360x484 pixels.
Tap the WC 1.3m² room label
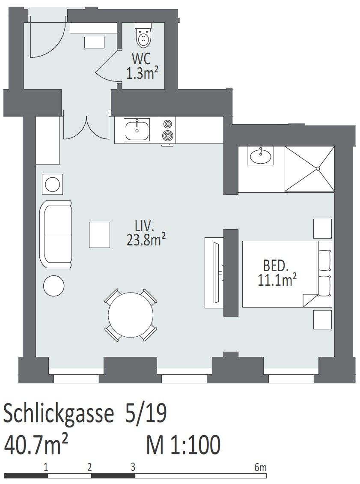(x=142, y=66)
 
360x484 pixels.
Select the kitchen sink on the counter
(x=137, y=130)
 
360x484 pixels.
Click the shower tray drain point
(x=318, y=168)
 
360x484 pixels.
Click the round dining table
(x=131, y=315)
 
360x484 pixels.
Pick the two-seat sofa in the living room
(x=56, y=234)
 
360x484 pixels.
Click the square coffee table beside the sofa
(x=100, y=235)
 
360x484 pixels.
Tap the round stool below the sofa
(x=54, y=286)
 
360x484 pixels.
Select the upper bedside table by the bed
(x=323, y=228)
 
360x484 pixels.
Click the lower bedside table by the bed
(x=323, y=320)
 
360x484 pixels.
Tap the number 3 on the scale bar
(x=133, y=467)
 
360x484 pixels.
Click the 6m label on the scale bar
(x=260, y=467)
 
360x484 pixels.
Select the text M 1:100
(x=184, y=445)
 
